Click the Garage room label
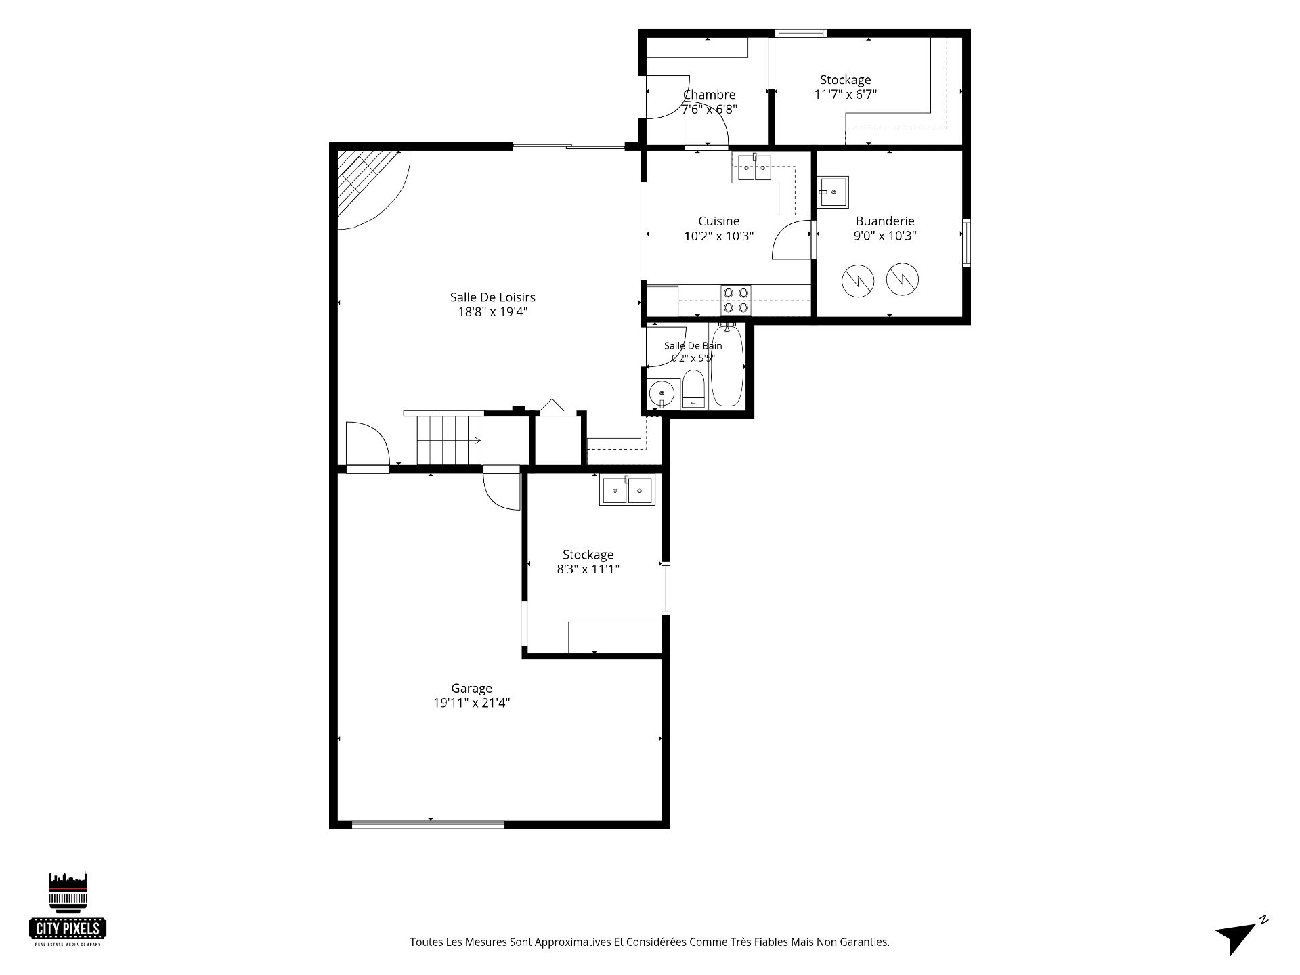point(471,688)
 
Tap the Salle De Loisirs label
point(492,297)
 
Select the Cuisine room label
point(718,221)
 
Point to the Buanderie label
point(884,221)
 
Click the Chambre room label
point(709,95)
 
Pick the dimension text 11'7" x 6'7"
point(845,94)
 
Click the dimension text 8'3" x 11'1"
point(588,569)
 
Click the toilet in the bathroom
point(693,389)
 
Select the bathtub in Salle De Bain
point(727,366)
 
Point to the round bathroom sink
point(662,393)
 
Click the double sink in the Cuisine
point(754,167)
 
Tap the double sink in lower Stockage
point(627,490)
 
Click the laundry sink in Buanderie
point(833,192)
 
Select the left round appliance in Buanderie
point(858,279)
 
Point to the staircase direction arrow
point(450,441)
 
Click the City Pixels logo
point(68,909)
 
